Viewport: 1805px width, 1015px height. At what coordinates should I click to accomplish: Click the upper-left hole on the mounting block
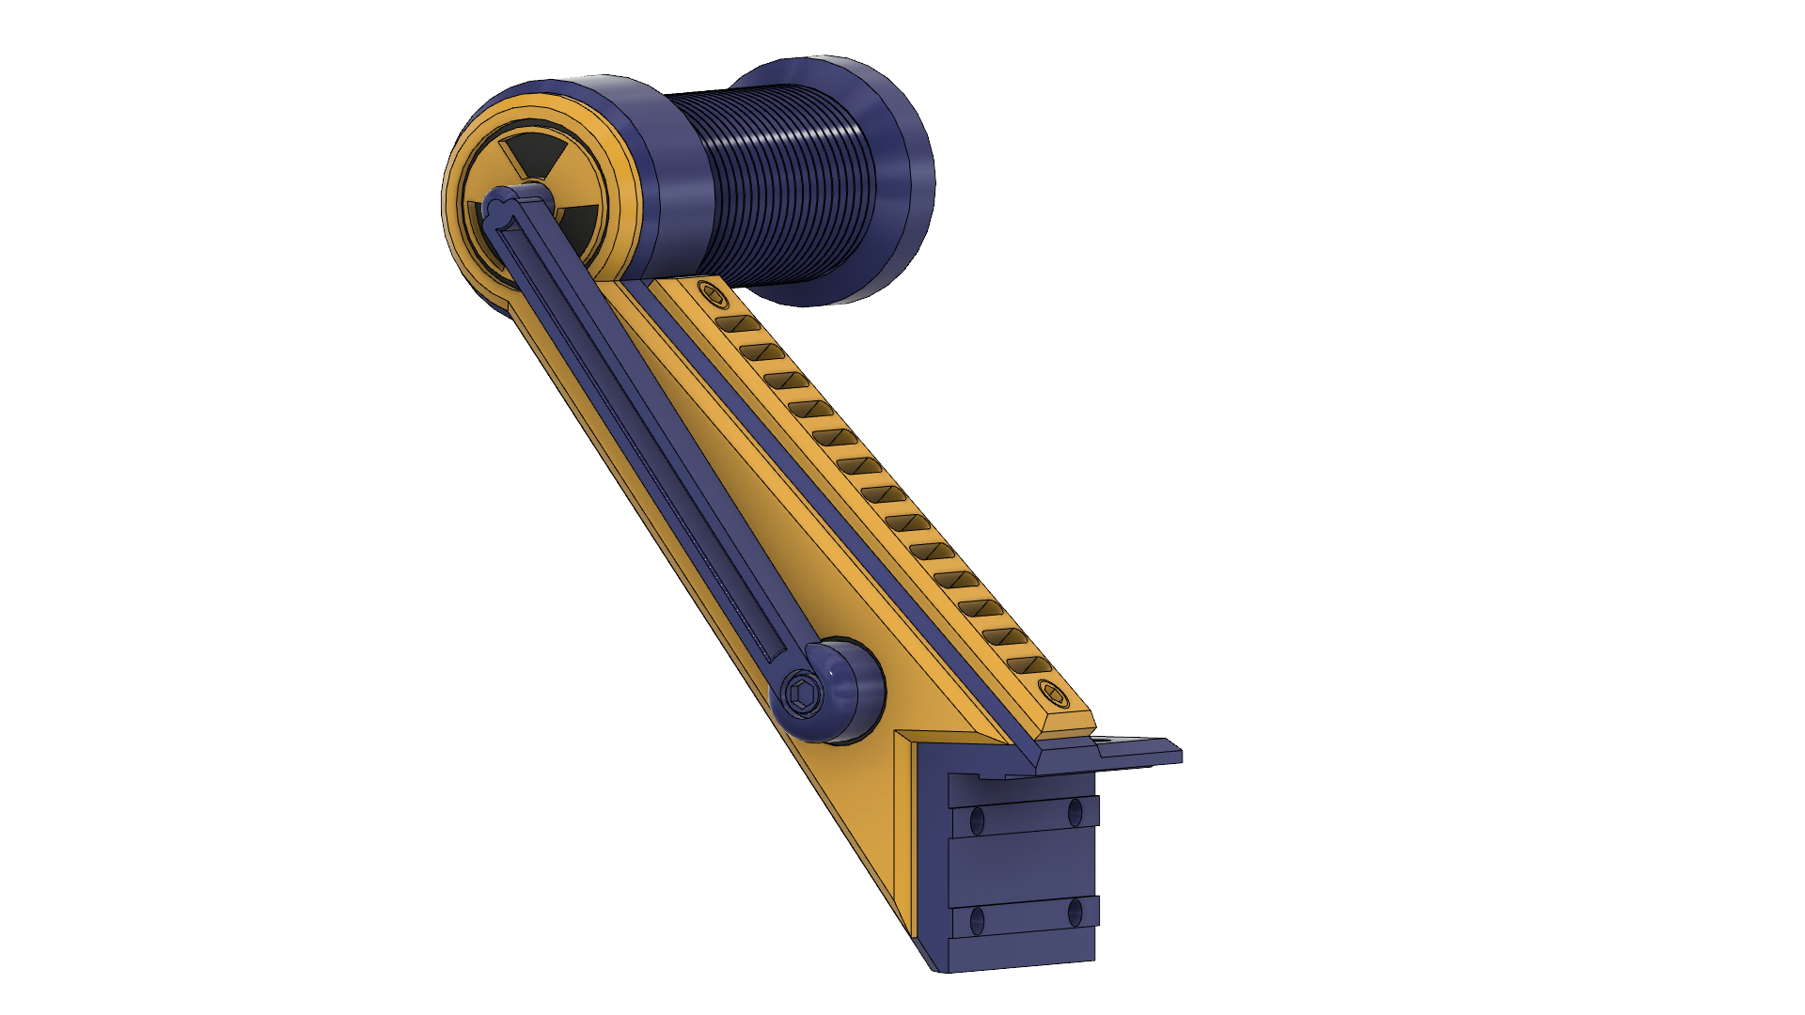pos(976,820)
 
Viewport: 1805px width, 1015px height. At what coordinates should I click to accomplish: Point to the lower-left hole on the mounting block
pos(976,921)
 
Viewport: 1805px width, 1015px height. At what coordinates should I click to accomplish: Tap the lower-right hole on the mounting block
pos(1075,912)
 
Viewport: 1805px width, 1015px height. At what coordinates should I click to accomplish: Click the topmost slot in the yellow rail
pos(739,324)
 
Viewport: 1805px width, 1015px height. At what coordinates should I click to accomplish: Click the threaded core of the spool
pos(771,183)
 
